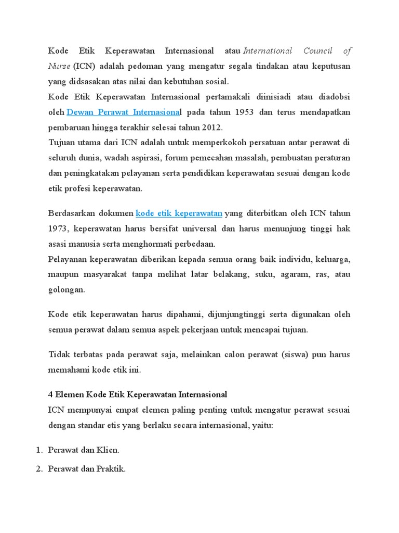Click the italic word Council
pyautogui.click(x=317, y=51)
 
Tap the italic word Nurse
pyautogui.click(x=59, y=66)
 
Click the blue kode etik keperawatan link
pyautogui.click(x=179, y=213)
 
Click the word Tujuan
pyautogui.click(x=62, y=143)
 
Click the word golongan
pyautogui.click(x=66, y=290)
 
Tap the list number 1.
pyautogui.click(x=38, y=450)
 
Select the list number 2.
pyautogui.click(x=38, y=469)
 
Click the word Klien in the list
pyautogui.click(x=108, y=450)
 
